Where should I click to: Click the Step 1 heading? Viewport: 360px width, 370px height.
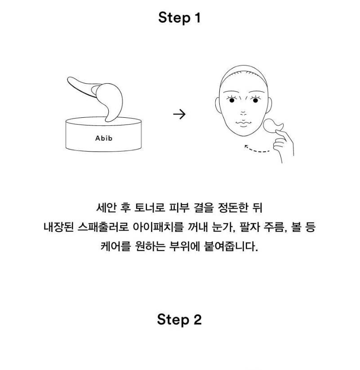tap(179, 18)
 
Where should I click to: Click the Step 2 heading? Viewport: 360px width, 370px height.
tap(179, 320)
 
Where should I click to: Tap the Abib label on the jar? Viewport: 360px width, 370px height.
tap(104, 138)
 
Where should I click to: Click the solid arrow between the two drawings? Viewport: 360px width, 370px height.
tap(179, 115)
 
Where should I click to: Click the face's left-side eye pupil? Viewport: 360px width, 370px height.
tap(232, 101)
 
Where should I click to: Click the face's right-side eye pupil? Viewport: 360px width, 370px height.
tap(255, 101)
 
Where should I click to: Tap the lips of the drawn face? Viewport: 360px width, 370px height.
tap(244, 123)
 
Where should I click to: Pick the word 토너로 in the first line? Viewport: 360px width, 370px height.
tap(150, 208)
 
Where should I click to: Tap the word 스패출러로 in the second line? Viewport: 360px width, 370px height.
tap(103, 227)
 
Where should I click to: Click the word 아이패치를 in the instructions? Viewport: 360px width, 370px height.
tap(158, 227)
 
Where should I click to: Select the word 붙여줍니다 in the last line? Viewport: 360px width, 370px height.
tap(231, 246)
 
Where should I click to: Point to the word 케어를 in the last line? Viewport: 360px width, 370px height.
tap(116, 246)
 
